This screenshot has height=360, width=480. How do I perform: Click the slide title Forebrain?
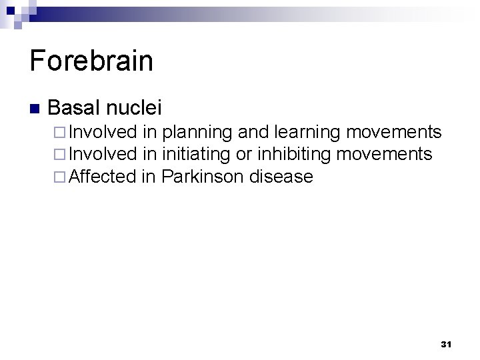click(91, 61)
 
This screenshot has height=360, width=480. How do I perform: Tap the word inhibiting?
click(294, 155)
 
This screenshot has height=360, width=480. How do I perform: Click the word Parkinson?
click(203, 177)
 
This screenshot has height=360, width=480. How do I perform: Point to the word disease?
click(281, 177)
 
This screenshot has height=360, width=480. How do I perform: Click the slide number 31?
click(446, 344)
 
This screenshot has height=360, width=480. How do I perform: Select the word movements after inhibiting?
click(385, 155)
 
